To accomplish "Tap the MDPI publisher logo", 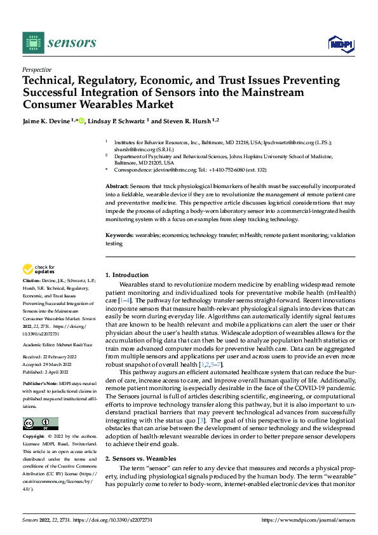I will point(340,43).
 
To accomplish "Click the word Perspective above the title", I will point(37,69).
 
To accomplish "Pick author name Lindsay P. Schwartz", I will point(118,121).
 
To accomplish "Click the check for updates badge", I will point(39,270).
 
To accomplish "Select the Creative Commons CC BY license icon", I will point(40,423).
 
